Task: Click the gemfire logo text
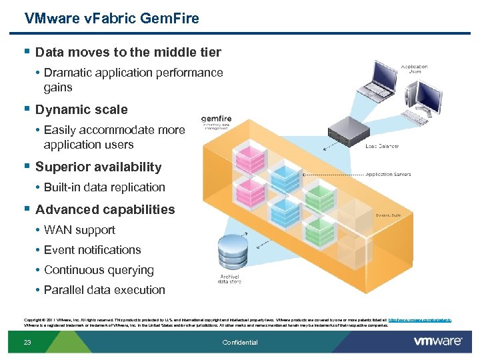(217, 119)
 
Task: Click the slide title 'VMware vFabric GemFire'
(111, 19)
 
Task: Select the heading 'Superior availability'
(98, 167)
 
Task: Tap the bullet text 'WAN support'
(79, 230)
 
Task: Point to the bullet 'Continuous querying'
(99, 270)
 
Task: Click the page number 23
(27, 343)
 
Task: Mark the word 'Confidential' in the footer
(239, 343)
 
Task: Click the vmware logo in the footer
(437, 341)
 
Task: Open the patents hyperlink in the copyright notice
(419, 320)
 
